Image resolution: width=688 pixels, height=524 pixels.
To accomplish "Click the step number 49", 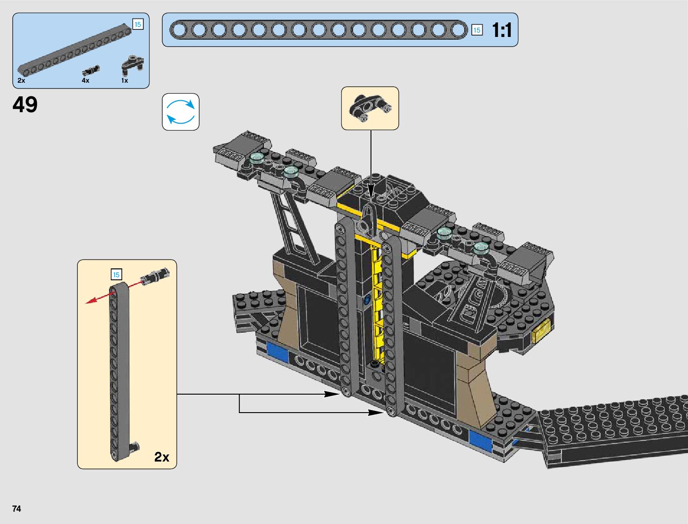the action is (x=25, y=104).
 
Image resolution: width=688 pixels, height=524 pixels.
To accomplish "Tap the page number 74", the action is (x=17, y=509).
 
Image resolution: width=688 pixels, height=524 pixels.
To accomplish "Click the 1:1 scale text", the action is (x=502, y=30).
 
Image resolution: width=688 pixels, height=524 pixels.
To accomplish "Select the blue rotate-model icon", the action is (x=181, y=112).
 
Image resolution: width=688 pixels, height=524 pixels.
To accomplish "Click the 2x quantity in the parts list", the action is (x=21, y=81).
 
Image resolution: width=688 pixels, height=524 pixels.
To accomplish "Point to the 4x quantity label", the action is (x=86, y=81).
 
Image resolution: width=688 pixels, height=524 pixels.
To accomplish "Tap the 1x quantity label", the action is (x=125, y=81).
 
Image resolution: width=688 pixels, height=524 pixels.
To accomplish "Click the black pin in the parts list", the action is (x=91, y=70).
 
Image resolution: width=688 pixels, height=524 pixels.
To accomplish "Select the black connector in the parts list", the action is (x=132, y=65).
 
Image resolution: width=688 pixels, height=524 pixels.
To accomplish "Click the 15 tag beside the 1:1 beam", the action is (x=477, y=30).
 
